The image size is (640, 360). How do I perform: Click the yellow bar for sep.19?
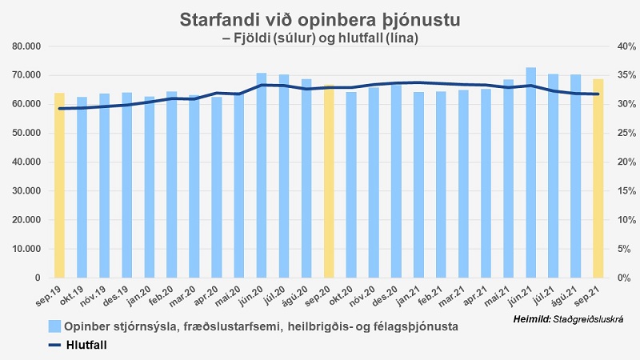click(x=59, y=186)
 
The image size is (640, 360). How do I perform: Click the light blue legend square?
click(x=54, y=326)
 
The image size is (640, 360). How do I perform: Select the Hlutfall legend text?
click(x=86, y=345)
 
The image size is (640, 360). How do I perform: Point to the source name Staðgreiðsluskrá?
click(x=586, y=320)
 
